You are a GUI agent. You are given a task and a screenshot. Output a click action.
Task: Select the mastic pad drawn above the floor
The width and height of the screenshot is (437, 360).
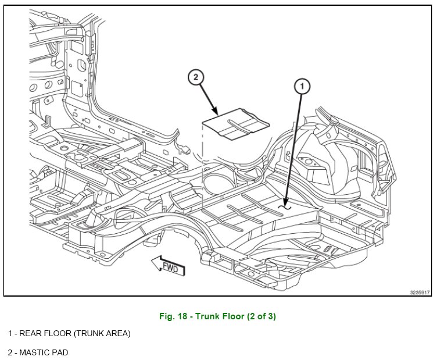(235, 126)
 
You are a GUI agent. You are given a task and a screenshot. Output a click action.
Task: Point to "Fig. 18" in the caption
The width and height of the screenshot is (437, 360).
(173, 317)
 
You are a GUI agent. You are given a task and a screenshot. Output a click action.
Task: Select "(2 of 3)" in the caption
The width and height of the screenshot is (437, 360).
(260, 317)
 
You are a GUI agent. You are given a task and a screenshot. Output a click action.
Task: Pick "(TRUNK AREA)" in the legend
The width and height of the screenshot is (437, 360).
(102, 334)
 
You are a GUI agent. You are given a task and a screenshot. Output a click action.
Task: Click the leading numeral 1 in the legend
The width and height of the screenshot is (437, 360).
(10, 334)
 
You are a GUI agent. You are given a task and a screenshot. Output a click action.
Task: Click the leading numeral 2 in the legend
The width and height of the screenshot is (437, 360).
(10, 352)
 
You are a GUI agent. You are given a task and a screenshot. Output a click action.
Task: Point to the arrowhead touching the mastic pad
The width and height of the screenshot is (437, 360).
(216, 112)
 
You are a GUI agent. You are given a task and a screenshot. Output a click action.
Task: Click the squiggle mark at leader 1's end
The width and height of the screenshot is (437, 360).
(284, 205)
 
